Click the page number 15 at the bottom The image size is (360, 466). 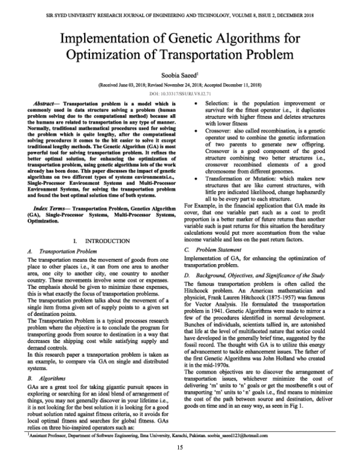point(180,448)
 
